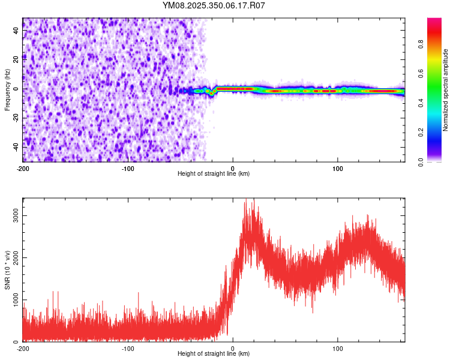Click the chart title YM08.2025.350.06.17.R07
click(214, 5)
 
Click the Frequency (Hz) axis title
click(7, 91)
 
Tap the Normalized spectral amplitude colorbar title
click(445, 90)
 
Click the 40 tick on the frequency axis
click(16, 31)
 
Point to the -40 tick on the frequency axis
click(16, 146)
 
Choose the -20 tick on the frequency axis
click(16, 118)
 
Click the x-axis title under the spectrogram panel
click(214, 174)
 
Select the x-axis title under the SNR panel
click(214, 353)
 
